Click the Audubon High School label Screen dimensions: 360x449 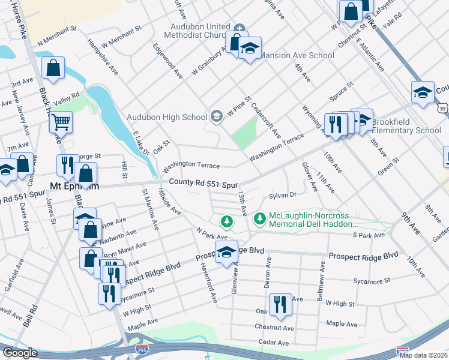166,116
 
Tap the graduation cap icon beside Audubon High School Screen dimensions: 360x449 217,116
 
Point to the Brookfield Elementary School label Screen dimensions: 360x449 406,126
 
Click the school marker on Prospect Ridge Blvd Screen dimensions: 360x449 226,253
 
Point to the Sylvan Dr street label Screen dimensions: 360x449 283,195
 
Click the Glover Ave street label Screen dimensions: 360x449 311,176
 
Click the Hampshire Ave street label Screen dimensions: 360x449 103,58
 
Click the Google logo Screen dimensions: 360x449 20,353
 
